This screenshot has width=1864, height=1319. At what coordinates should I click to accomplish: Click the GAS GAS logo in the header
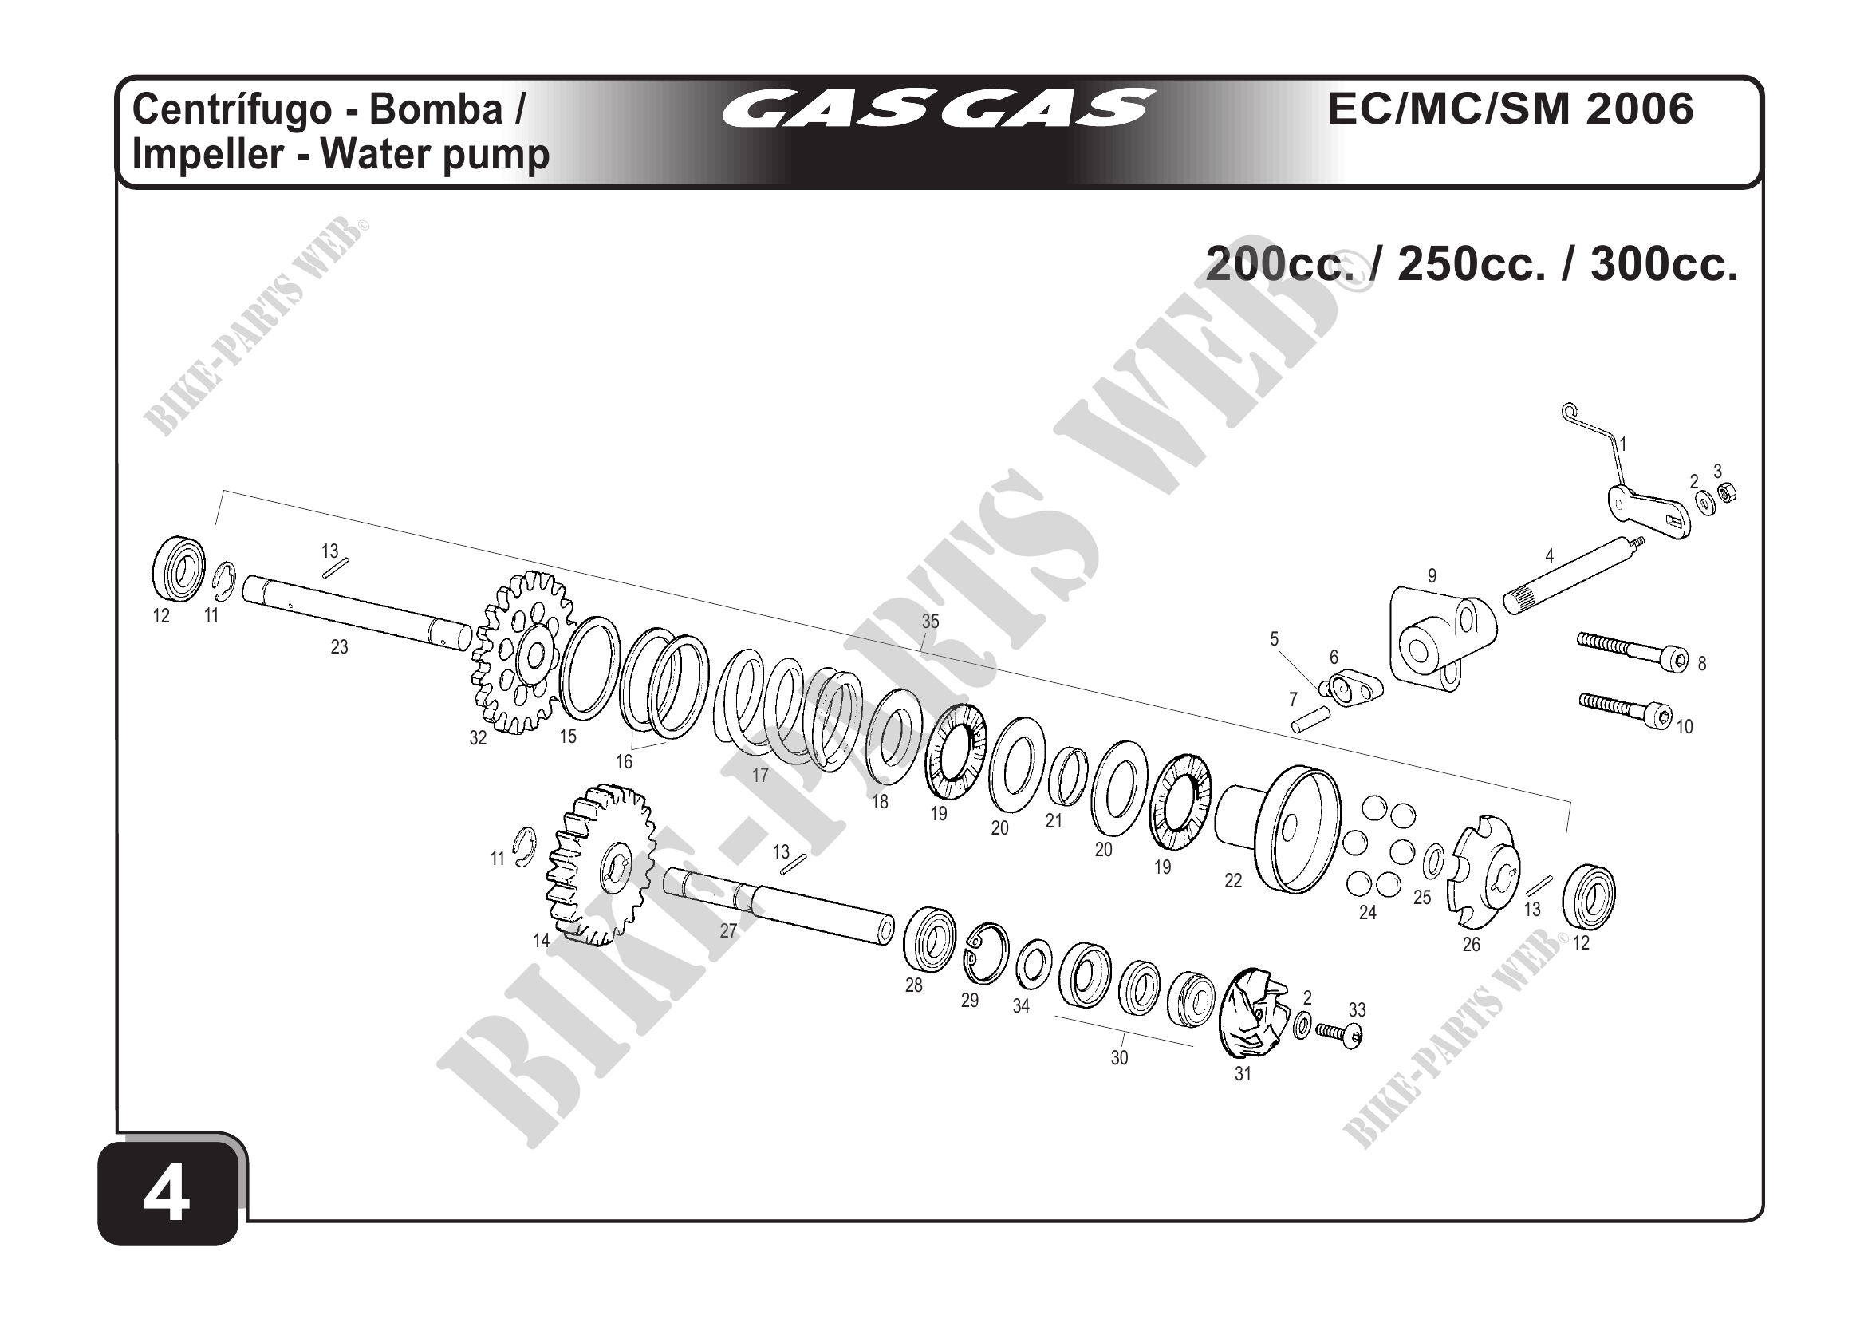click(939, 109)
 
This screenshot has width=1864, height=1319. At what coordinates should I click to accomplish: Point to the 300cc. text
click(1665, 264)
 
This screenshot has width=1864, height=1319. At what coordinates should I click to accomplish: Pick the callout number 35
click(930, 622)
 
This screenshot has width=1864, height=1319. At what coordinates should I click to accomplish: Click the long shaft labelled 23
click(357, 612)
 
